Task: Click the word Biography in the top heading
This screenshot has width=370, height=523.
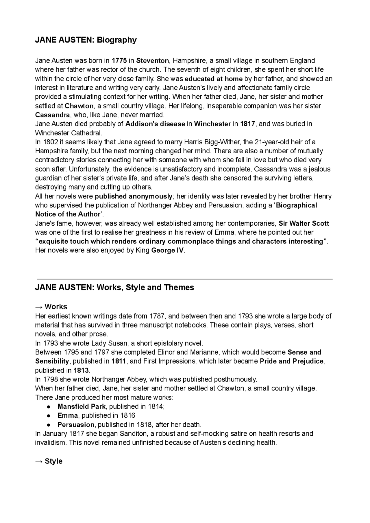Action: click(116, 40)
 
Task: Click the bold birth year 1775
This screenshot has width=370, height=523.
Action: click(119, 61)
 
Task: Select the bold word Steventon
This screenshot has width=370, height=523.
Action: click(152, 61)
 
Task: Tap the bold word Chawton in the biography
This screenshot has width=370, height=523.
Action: click(79, 106)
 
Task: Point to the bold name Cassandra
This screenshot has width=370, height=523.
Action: click(52, 115)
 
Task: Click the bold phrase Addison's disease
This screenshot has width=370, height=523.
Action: click(155, 124)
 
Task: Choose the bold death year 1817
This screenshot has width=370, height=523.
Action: click(247, 124)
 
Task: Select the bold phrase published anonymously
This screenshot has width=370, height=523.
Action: click(134, 196)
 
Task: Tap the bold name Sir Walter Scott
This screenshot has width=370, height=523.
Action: click(304, 223)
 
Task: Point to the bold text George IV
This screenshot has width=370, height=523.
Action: click(167, 251)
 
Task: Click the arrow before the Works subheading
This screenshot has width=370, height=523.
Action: click(39, 307)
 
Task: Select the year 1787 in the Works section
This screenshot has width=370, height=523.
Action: click(157, 316)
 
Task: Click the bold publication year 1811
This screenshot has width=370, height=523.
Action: click(119, 361)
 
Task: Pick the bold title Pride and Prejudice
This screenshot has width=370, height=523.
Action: click(291, 361)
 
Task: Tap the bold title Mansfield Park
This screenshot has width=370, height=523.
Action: click(82, 406)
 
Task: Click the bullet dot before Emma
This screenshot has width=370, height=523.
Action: click(49, 416)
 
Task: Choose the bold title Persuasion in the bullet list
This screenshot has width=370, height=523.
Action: click(76, 425)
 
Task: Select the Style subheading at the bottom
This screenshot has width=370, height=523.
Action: click(53, 461)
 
